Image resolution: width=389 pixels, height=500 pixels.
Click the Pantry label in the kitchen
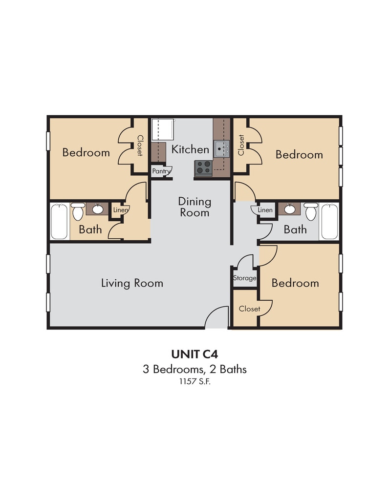point(161,171)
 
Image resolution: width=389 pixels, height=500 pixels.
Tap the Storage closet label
point(244,278)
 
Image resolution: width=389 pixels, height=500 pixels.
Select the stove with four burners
point(203,167)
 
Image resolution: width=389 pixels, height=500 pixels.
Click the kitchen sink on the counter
point(221,147)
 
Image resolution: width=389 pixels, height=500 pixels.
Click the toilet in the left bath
point(78,212)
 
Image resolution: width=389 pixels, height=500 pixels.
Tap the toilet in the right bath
point(311,212)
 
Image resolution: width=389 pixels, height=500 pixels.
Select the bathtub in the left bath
point(59,222)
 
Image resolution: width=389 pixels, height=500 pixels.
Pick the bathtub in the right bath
point(329,222)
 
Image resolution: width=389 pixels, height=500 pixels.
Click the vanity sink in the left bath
point(97,209)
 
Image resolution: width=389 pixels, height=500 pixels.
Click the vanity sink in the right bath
point(290,209)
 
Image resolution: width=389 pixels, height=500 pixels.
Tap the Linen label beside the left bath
point(120,210)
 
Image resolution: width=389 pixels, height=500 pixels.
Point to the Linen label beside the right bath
point(265,210)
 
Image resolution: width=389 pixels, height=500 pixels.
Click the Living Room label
point(132,283)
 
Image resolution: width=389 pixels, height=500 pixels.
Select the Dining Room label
point(194,207)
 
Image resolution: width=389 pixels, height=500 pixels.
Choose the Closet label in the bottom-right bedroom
point(249,309)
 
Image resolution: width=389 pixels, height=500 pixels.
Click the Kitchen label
point(190,149)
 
